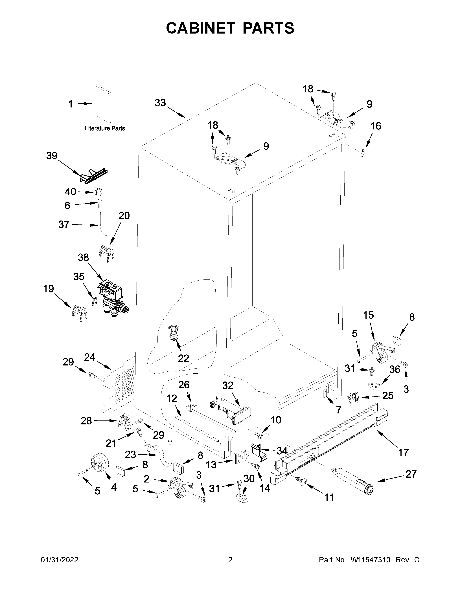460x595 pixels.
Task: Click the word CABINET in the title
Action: [200, 28]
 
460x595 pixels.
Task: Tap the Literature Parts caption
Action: [105, 128]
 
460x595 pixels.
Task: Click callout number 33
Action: [160, 103]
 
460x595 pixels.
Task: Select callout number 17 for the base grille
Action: [403, 453]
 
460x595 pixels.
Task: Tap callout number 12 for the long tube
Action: [172, 399]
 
